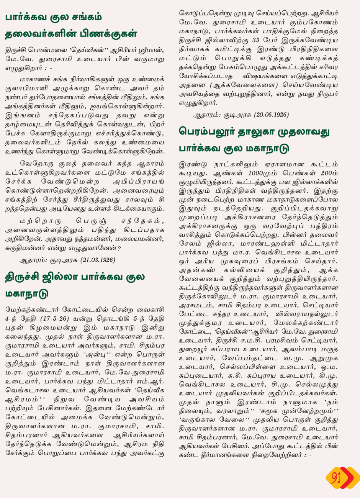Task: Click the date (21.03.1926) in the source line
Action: (97, 260)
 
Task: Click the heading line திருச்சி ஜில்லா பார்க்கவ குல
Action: (75, 277)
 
